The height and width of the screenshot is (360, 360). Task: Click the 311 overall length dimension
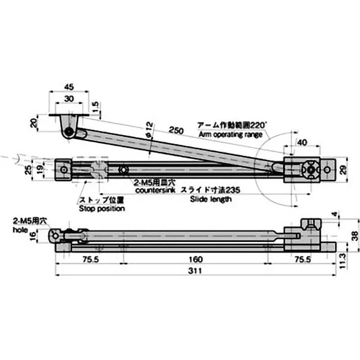click(x=195, y=271)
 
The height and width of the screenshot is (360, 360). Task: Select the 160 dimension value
click(x=195, y=260)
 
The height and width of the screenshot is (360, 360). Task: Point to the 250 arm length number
click(x=176, y=130)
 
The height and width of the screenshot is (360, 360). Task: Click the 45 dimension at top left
click(x=69, y=86)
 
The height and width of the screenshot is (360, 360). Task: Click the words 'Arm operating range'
click(x=230, y=135)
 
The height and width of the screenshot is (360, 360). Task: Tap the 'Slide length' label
click(x=211, y=199)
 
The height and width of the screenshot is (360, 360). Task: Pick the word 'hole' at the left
click(x=21, y=229)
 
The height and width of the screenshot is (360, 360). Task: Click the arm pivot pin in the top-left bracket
click(x=69, y=132)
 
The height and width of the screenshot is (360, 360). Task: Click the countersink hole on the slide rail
click(x=122, y=170)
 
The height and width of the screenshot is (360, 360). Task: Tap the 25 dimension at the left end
click(x=28, y=170)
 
